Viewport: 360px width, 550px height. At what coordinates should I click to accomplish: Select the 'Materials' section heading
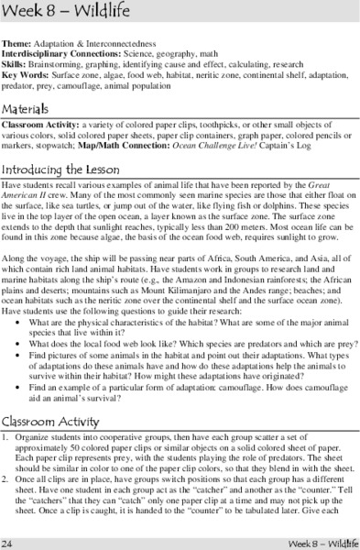coord(32,108)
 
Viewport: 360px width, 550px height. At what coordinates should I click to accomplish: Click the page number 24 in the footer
coord(8,542)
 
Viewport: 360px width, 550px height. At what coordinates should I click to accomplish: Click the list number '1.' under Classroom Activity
coord(5,436)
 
